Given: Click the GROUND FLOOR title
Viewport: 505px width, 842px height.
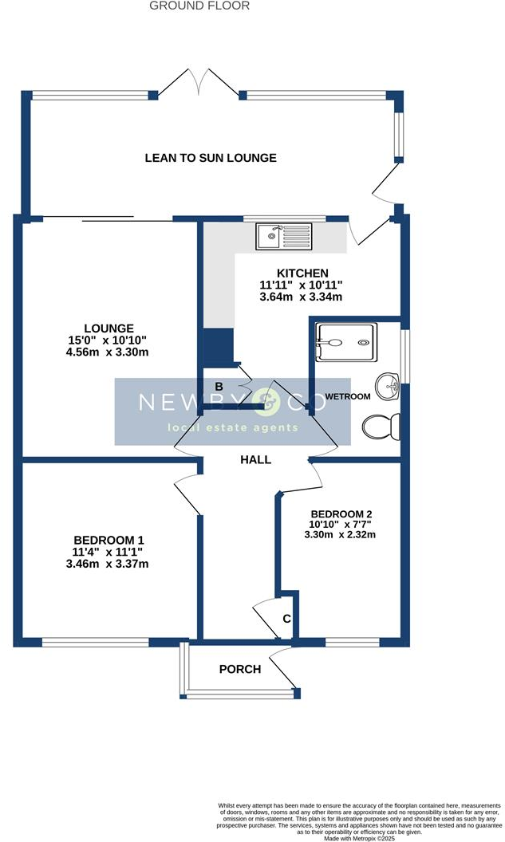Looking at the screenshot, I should pyautogui.click(x=199, y=6).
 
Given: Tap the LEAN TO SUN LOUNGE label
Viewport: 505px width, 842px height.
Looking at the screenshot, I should pyautogui.click(x=211, y=158).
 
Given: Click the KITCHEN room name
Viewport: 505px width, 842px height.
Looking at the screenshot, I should pyautogui.click(x=302, y=273).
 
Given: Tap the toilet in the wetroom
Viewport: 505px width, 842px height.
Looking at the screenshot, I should pyautogui.click(x=381, y=427).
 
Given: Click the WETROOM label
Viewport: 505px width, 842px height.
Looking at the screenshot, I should pyautogui.click(x=347, y=396).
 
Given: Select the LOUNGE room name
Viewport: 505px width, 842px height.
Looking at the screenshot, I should pyautogui.click(x=109, y=328).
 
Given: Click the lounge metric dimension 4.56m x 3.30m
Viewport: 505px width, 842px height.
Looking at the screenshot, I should pyautogui.click(x=109, y=352).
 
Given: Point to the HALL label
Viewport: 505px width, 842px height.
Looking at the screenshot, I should pyautogui.click(x=256, y=460).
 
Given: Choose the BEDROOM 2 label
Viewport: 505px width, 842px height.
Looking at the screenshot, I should pyautogui.click(x=341, y=513).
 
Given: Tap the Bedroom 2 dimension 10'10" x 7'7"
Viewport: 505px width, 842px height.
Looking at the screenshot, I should pyautogui.click(x=341, y=524).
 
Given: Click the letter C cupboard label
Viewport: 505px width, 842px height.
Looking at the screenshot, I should pyautogui.click(x=286, y=619).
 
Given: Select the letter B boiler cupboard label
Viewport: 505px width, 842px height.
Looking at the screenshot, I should pyautogui.click(x=218, y=387).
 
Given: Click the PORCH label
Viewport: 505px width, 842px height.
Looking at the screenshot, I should pyautogui.click(x=240, y=669).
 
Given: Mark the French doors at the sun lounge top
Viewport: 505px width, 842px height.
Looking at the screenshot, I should pyautogui.click(x=199, y=83).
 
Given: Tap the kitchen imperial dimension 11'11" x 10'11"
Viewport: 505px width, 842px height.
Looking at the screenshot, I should pyautogui.click(x=302, y=285).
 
